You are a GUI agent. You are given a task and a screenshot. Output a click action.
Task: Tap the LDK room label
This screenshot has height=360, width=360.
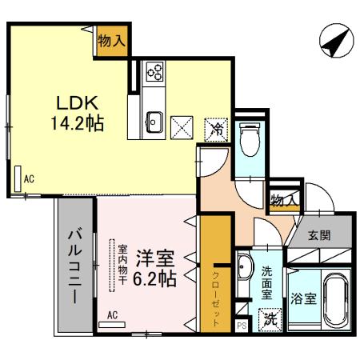pos(76,104)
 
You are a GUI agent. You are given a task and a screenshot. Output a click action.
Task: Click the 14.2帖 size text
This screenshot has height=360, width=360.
pos(77,124)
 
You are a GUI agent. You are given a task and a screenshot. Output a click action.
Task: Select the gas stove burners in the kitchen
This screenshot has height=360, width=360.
pos(154,74)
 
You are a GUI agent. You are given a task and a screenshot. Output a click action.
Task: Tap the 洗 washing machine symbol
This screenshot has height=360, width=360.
pos(271,318)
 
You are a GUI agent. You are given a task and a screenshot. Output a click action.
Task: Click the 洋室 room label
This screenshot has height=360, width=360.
pos(154,260)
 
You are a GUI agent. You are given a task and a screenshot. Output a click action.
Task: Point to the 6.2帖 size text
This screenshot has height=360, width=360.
pos(154,280)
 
